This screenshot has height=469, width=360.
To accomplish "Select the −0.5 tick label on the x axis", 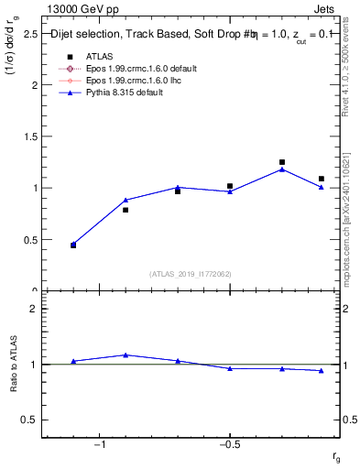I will (229, 444).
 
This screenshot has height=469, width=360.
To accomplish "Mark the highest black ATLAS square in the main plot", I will (282, 162).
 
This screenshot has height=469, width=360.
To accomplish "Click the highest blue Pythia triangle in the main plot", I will (282, 169).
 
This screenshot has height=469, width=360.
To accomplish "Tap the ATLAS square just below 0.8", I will (125, 210).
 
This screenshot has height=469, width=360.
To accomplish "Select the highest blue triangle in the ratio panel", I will (125, 354).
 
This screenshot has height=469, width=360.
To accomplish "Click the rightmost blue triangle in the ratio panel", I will (322, 370).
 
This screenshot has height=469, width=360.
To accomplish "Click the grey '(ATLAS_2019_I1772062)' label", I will (190, 274).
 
